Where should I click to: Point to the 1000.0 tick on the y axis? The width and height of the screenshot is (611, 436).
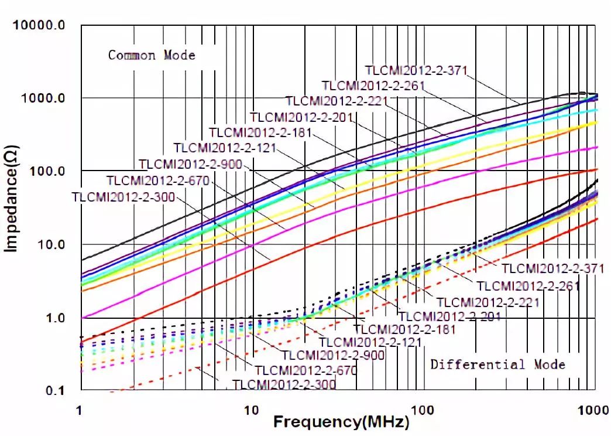click(42, 98)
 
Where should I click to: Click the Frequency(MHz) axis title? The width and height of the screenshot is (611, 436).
click(341, 422)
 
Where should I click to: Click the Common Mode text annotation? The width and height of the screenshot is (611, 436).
click(152, 56)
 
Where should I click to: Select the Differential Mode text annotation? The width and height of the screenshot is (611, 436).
click(498, 365)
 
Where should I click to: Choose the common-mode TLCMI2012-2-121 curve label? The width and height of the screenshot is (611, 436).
click(225, 147)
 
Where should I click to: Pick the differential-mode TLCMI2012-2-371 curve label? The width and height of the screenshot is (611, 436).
click(552, 268)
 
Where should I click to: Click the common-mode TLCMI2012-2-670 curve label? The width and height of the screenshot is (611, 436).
click(157, 180)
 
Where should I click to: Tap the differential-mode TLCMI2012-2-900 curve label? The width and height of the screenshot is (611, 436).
click(333, 355)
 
